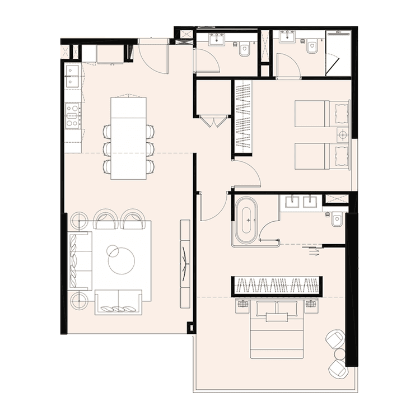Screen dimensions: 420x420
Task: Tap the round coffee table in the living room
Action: click(x=122, y=260)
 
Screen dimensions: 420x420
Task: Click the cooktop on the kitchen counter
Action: click(x=73, y=116)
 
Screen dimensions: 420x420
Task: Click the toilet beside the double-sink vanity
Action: click(x=338, y=220)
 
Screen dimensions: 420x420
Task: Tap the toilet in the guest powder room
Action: click(x=245, y=50)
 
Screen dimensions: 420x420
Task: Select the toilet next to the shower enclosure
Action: click(x=312, y=46)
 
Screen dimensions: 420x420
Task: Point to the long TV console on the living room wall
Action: click(x=185, y=263)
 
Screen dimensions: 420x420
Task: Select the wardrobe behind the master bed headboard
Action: click(x=276, y=286)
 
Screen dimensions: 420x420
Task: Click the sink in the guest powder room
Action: click(x=217, y=40)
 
